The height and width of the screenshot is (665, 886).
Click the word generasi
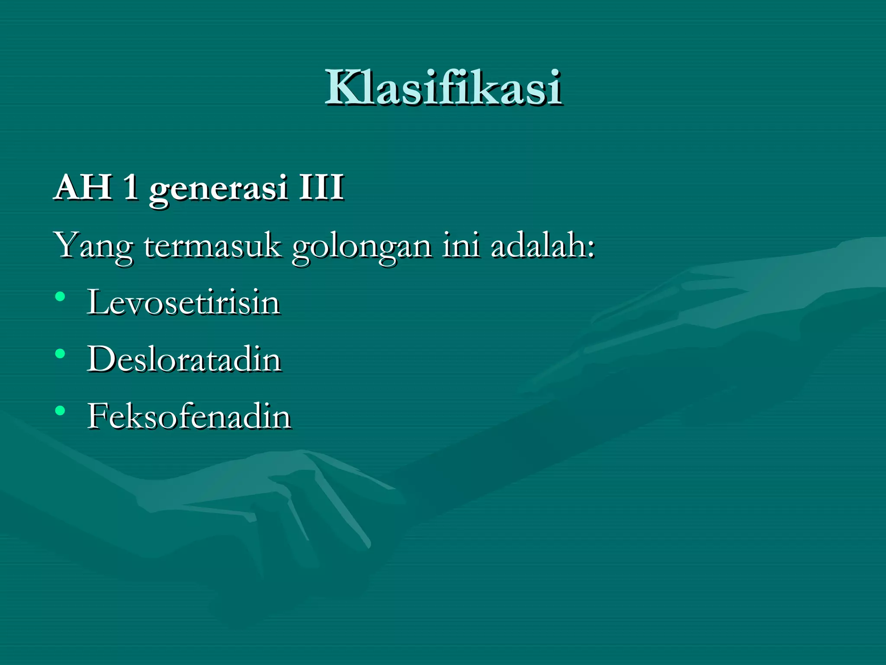218,189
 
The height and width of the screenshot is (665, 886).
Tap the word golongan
362,247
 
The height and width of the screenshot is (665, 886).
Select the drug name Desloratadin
184,359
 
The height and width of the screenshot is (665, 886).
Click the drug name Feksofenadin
189,416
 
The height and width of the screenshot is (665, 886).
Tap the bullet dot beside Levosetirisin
60,297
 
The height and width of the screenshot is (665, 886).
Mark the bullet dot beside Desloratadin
60,354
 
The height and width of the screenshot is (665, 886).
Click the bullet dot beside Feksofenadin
60,411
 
